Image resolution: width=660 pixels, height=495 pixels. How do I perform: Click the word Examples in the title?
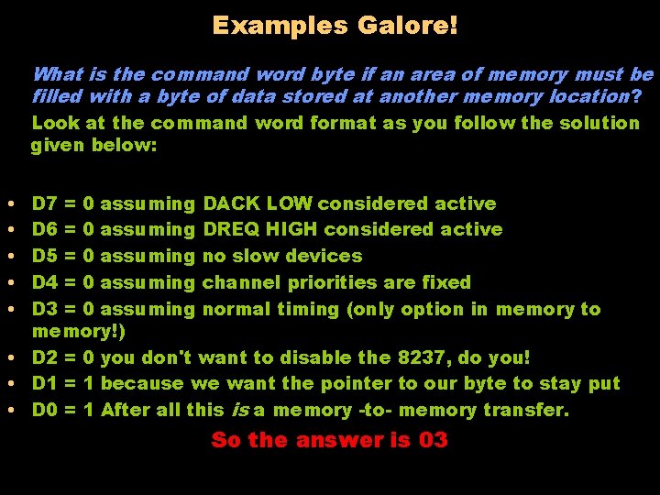[x=280, y=25]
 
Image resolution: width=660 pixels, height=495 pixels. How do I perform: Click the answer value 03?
[x=433, y=440]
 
